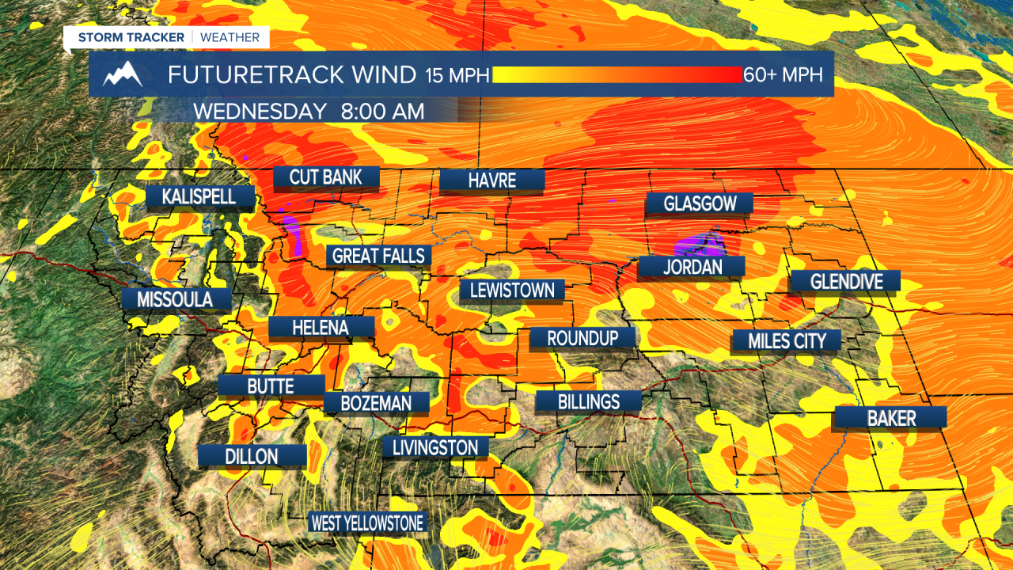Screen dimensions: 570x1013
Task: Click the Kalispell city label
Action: (x=199, y=196)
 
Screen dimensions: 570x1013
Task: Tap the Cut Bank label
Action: (x=326, y=177)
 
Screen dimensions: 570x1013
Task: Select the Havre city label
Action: (x=492, y=180)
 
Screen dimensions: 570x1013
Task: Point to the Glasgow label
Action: (x=700, y=204)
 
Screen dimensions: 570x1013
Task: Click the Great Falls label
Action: (x=379, y=256)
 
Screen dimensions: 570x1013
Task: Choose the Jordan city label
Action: (x=692, y=267)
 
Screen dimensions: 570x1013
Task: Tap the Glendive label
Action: (x=845, y=281)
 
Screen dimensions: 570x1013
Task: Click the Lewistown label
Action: (x=512, y=291)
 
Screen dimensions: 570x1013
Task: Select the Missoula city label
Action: (x=175, y=299)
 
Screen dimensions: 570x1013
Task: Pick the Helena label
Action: (x=321, y=327)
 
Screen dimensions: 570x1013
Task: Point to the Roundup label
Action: (x=583, y=338)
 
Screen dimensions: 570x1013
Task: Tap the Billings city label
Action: (x=588, y=401)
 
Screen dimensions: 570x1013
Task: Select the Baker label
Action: (x=891, y=418)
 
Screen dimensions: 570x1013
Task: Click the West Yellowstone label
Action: (x=367, y=522)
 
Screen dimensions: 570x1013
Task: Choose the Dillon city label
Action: (x=252, y=456)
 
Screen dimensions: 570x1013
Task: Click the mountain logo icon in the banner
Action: (x=123, y=74)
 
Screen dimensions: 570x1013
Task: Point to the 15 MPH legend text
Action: (x=457, y=75)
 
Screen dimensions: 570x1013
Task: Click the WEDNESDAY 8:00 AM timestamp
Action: (x=309, y=111)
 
